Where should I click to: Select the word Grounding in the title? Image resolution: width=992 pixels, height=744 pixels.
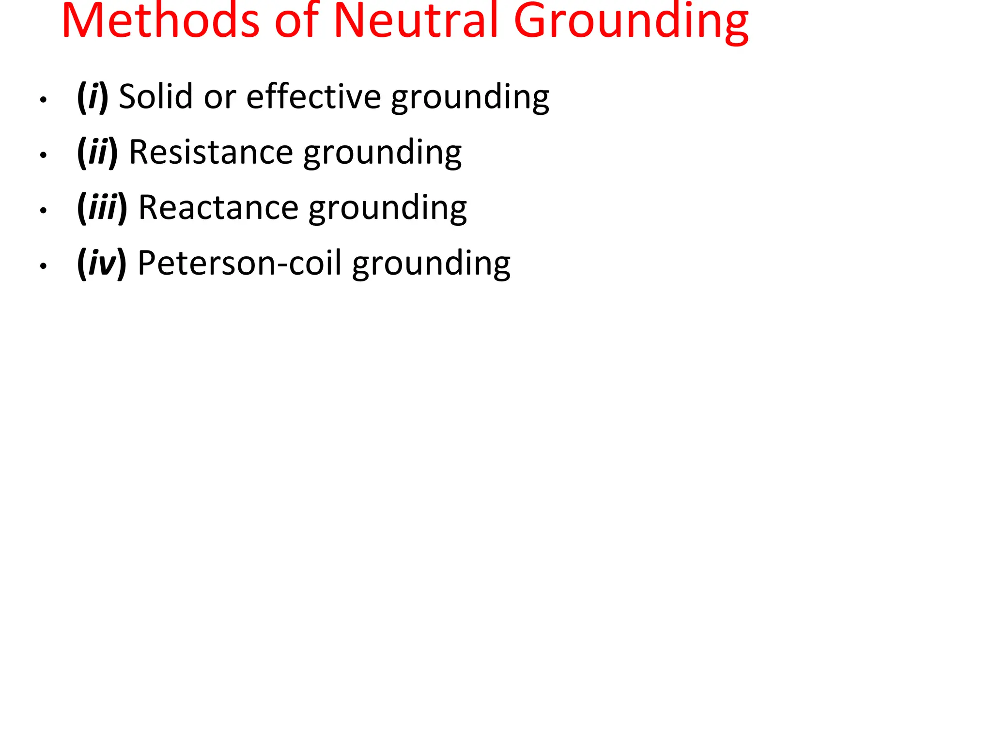pyautogui.click(x=631, y=22)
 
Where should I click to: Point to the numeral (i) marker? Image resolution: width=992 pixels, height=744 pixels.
pyautogui.click(x=92, y=97)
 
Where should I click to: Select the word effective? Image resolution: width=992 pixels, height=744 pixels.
pyautogui.click(x=313, y=96)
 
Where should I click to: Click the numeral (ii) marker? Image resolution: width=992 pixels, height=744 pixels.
pyautogui.click(x=97, y=153)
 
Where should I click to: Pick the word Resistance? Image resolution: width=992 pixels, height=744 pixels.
pyautogui.click(x=211, y=152)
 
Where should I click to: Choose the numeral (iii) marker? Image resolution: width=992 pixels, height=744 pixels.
pyautogui.click(x=102, y=208)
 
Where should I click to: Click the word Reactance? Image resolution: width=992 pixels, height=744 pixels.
pyautogui.click(x=218, y=208)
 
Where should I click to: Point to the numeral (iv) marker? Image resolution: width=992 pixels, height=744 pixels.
pyautogui.click(x=102, y=263)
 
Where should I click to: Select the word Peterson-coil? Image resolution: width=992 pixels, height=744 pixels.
pyautogui.click(x=240, y=263)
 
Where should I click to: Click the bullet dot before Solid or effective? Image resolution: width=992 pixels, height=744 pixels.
pyautogui.click(x=44, y=100)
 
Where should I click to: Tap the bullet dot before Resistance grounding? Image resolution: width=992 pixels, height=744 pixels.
pyautogui.click(x=44, y=155)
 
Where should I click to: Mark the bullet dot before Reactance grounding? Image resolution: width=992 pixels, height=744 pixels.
pyautogui.click(x=44, y=211)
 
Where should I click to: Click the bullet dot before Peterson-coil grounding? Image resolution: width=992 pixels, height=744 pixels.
pyautogui.click(x=44, y=266)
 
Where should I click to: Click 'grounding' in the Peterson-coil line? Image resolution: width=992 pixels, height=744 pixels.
pyautogui.click(x=431, y=265)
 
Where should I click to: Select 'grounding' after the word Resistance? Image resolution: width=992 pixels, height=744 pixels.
pyautogui.click(x=383, y=154)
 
